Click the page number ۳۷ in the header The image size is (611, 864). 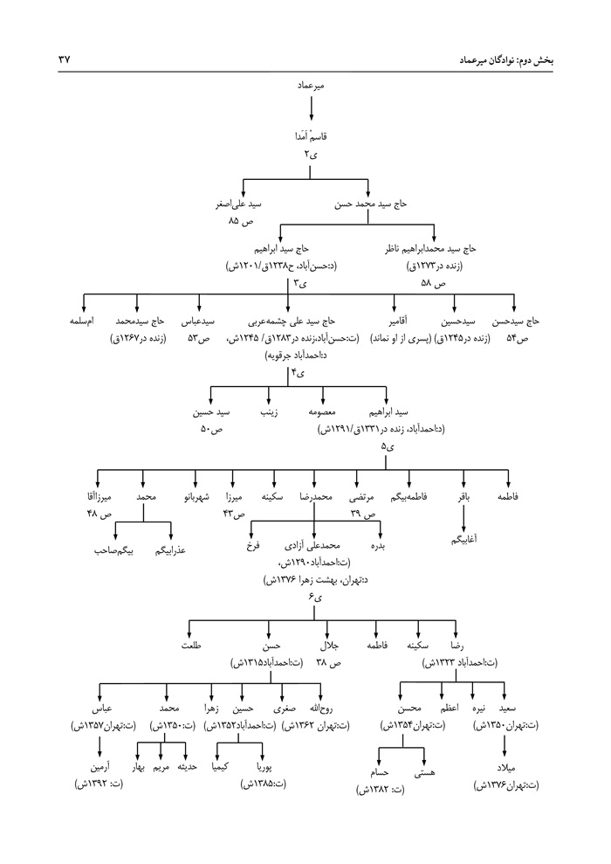click(63, 60)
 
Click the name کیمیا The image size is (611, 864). click(221, 767)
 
